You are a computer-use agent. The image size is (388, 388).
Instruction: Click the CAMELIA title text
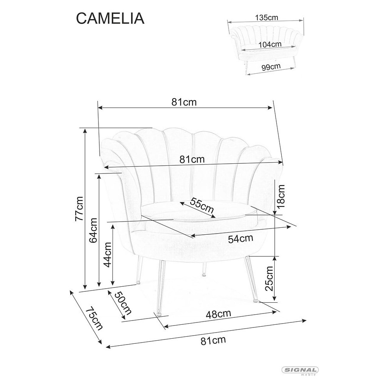pyautogui.click(x=110, y=18)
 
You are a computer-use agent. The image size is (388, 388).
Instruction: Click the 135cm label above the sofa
pyautogui.click(x=267, y=17)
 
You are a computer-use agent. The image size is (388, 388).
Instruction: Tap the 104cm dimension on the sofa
pyautogui.click(x=270, y=45)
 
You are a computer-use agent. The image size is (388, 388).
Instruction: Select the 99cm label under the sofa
pyautogui.click(x=271, y=67)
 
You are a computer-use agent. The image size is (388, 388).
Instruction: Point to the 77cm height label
pyautogui.click(x=80, y=209)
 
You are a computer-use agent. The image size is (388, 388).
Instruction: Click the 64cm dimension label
pyautogui.click(x=93, y=230)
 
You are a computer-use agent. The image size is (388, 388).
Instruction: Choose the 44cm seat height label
pyautogui.click(x=107, y=255)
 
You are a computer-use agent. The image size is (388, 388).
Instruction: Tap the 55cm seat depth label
pyautogui.click(x=202, y=205)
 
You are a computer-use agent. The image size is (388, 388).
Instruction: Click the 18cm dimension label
pyautogui.click(x=281, y=196)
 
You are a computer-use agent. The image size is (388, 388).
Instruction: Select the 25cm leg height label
pyautogui.click(x=269, y=279)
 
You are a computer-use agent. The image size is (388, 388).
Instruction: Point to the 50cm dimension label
pyautogui.click(x=123, y=303)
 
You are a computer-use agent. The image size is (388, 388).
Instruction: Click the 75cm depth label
pyautogui.click(x=94, y=319)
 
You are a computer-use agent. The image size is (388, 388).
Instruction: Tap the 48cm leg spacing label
pyautogui.click(x=218, y=314)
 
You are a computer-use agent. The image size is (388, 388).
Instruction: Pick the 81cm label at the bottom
pyautogui.click(x=213, y=340)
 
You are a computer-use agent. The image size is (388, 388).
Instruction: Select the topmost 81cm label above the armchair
pyautogui.click(x=184, y=102)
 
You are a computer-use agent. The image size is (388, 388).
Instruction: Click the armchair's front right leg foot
pyautogui.click(x=255, y=301)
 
